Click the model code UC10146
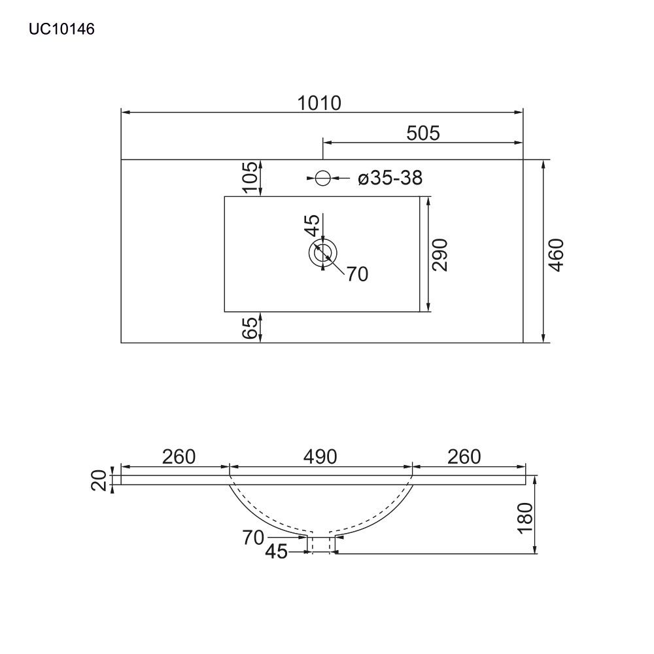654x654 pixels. pyautogui.click(x=61, y=29)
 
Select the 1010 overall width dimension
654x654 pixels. pyautogui.click(x=319, y=103)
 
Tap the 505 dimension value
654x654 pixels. pyautogui.click(x=423, y=133)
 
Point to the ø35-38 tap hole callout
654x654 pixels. pyautogui.click(x=390, y=178)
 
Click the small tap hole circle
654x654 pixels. pyautogui.click(x=323, y=178)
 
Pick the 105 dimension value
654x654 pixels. pyautogui.click(x=250, y=178)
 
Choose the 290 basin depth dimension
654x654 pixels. pyautogui.click(x=439, y=255)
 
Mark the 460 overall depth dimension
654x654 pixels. pyautogui.click(x=556, y=255)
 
